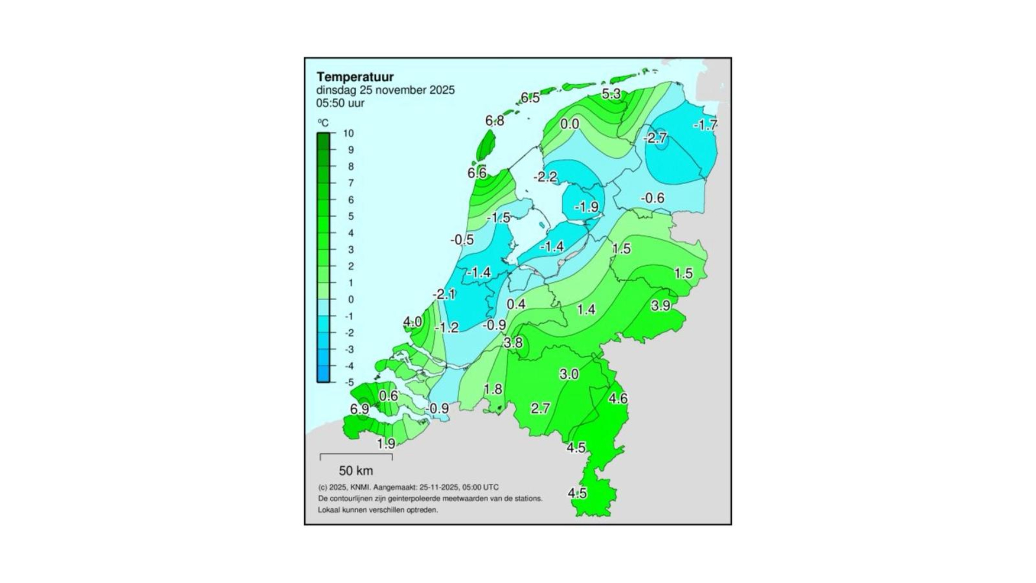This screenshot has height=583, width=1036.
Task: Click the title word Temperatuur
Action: [355, 77]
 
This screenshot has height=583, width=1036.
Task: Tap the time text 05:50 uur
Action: [340, 103]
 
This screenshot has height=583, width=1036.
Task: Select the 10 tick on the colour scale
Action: [349, 133]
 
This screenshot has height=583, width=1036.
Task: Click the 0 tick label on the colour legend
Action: [351, 300]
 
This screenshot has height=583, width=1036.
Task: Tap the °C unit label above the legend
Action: [323, 123]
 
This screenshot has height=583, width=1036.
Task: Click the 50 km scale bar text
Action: [356, 471]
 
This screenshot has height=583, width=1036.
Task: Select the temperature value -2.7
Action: [656, 138]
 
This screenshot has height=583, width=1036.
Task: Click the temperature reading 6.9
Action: [359, 410]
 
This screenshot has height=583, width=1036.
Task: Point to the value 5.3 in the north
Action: [611, 94]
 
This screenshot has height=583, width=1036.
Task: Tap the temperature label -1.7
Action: [705, 125]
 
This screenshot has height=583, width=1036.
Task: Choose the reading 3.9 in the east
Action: [660, 306]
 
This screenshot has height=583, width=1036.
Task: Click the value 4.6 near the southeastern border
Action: [618, 399]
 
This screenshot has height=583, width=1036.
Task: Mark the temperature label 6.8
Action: [494, 121]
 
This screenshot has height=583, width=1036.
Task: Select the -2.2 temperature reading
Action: [545, 177]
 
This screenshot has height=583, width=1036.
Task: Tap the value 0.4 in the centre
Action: [516, 304]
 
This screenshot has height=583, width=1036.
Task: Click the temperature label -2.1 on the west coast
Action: [444, 295]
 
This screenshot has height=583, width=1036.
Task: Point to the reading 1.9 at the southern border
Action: [386, 444]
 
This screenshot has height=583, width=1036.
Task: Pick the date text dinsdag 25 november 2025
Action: [385, 90]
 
